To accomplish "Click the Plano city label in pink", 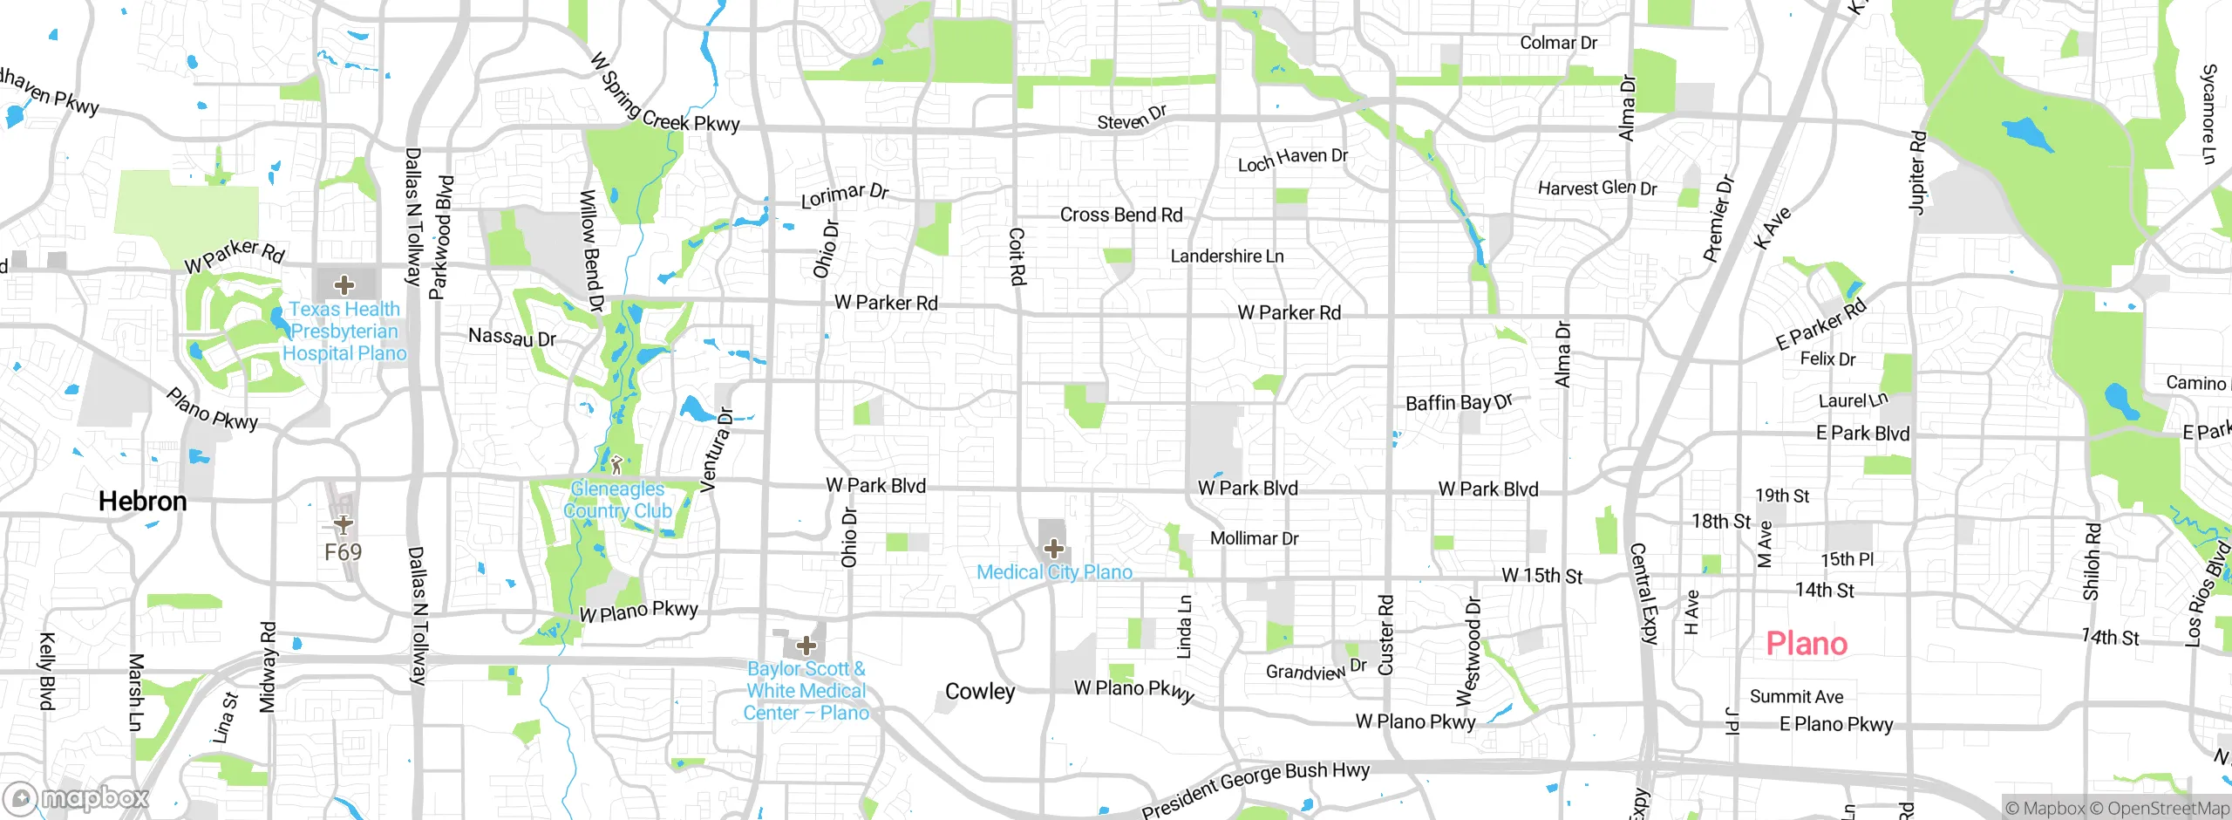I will pyautogui.click(x=1807, y=644).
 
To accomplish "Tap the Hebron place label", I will pyautogui.click(x=142, y=502).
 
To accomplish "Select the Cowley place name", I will pyautogui.click(x=980, y=692).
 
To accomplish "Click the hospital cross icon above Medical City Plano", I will pyautogui.click(x=1054, y=548).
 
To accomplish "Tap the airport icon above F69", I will pyautogui.click(x=344, y=524).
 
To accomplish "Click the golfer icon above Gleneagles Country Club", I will pyautogui.click(x=616, y=465).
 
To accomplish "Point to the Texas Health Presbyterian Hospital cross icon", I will pyautogui.click(x=344, y=285).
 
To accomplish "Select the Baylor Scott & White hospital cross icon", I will pyautogui.click(x=806, y=646).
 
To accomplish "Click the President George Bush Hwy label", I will pyautogui.click(x=1255, y=788).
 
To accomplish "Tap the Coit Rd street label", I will pyautogui.click(x=1017, y=256).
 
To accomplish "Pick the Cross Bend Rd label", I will pyautogui.click(x=1121, y=215).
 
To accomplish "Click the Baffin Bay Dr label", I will pyautogui.click(x=1459, y=402).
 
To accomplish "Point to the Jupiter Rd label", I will pyautogui.click(x=1917, y=172).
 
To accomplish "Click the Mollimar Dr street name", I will pyautogui.click(x=1254, y=538).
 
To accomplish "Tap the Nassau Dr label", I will pyautogui.click(x=512, y=337).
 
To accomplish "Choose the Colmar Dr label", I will pyautogui.click(x=1558, y=43).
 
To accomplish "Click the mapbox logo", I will pyautogui.click(x=77, y=797).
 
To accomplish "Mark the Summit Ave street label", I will pyautogui.click(x=1796, y=696).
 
